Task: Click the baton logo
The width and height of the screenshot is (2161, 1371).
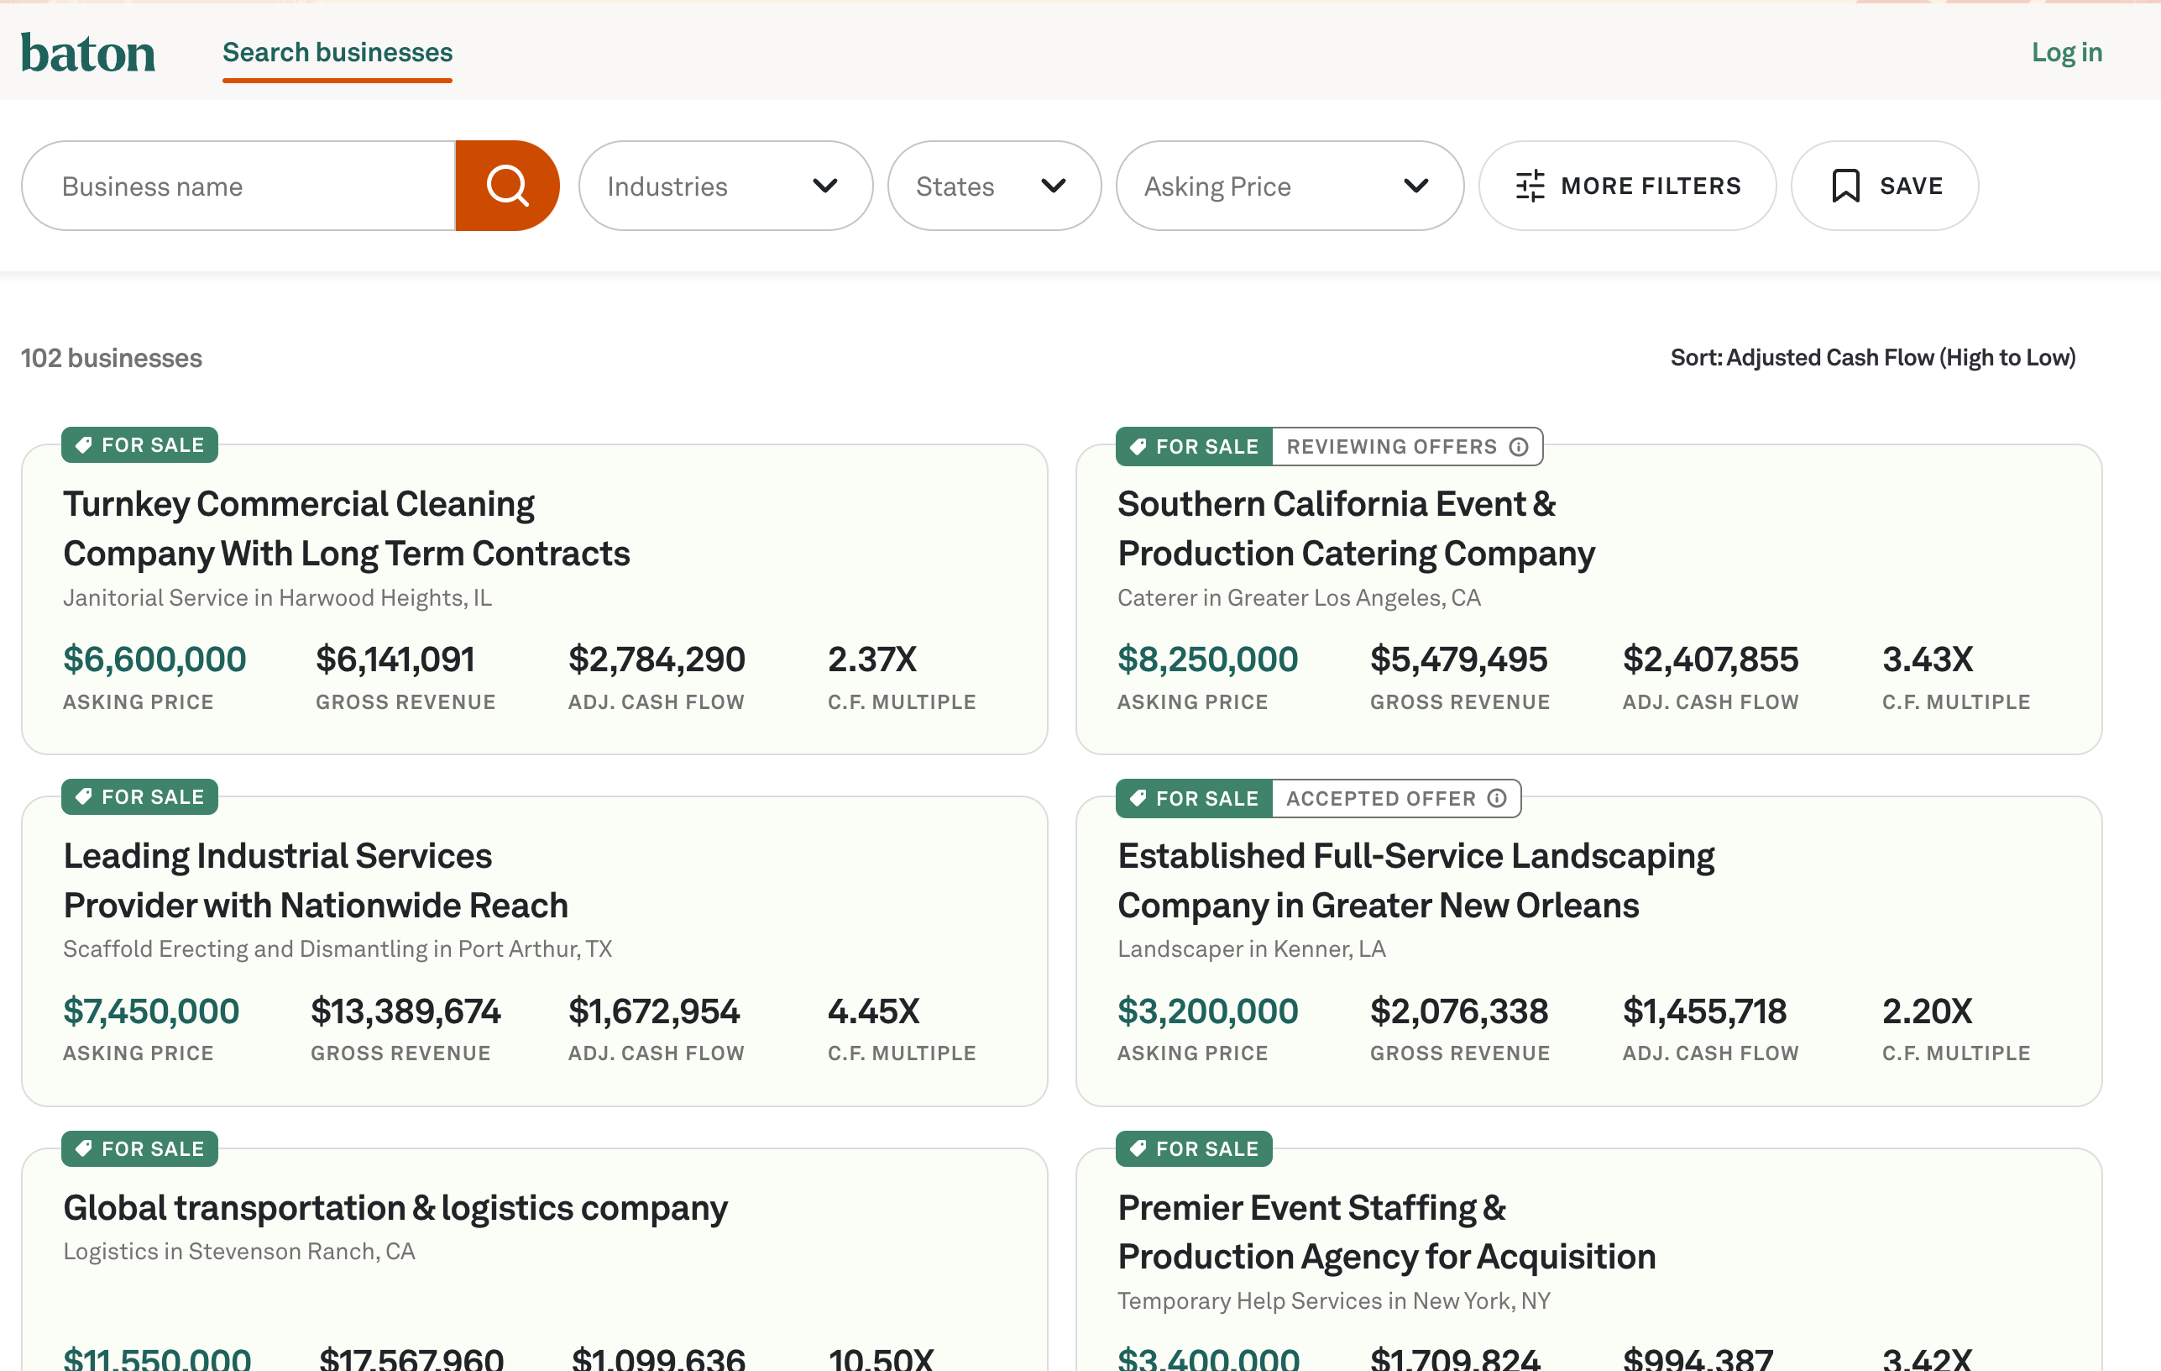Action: pos(88,53)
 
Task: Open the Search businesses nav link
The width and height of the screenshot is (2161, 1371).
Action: pos(337,52)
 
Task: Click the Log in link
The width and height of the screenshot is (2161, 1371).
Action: pos(2067,52)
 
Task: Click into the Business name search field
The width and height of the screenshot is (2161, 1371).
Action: pos(238,186)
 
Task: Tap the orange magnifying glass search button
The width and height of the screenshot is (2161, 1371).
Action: pos(507,186)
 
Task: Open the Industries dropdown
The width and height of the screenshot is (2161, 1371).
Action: pos(725,186)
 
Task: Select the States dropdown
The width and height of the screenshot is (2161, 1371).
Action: pos(994,186)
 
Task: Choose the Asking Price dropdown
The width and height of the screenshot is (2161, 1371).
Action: pos(1290,186)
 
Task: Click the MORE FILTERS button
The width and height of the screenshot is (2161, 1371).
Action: pos(1627,186)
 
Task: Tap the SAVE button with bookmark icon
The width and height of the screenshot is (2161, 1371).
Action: pos(1885,186)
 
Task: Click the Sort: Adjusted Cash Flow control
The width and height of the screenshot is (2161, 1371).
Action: pos(1873,357)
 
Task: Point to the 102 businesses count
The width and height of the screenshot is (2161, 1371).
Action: pos(112,357)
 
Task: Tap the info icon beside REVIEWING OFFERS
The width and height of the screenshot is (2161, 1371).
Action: pos(1519,446)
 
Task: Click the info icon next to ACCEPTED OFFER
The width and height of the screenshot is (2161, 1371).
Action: pos(1497,798)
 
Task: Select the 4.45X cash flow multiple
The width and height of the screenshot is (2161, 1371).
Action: pos(873,1011)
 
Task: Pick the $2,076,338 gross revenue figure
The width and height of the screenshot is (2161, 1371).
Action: pos(1458,1011)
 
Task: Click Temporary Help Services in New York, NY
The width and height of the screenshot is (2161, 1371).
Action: pos(1333,1301)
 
